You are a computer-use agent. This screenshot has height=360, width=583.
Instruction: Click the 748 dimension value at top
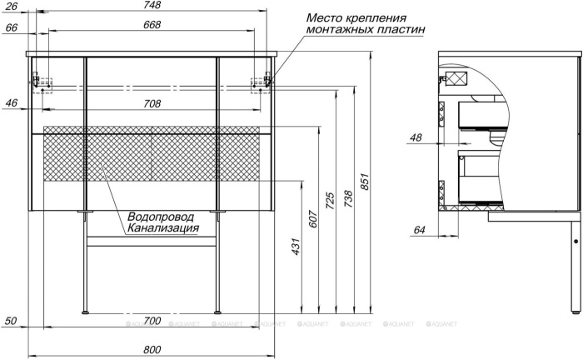(x=152, y=5)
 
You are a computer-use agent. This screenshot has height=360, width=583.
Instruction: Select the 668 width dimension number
(x=152, y=24)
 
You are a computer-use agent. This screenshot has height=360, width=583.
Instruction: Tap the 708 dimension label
(x=152, y=104)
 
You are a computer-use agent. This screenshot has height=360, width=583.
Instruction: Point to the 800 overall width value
(x=152, y=350)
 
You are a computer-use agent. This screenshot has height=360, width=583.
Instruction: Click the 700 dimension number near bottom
(x=152, y=321)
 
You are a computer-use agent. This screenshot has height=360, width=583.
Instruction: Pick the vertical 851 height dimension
(x=365, y=182)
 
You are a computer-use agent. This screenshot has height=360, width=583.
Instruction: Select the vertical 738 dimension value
(x=348, y=199)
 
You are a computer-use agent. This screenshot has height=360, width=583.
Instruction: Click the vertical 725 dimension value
(x=331, y=200)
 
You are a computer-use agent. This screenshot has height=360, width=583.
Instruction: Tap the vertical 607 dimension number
(x=313, y=219)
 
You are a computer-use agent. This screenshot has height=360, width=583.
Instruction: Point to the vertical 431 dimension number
(x=296, y=247)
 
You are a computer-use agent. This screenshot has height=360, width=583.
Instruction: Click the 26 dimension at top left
(x=12, y=6)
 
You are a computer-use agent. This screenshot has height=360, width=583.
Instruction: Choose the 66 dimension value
(x=12, y=27)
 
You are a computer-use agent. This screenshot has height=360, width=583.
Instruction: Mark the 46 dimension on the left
(x=12, y=102)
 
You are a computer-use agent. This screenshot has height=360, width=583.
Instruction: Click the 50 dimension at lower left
(x=12, y=321)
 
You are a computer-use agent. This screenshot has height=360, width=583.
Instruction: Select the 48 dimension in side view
(x=416, y=137)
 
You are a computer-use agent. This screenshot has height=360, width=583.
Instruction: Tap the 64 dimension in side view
(x=419, y=230)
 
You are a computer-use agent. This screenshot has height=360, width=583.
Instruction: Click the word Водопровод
(x=161, y=217)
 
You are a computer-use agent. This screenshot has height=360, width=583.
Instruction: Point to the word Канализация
(x=163, y=228)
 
